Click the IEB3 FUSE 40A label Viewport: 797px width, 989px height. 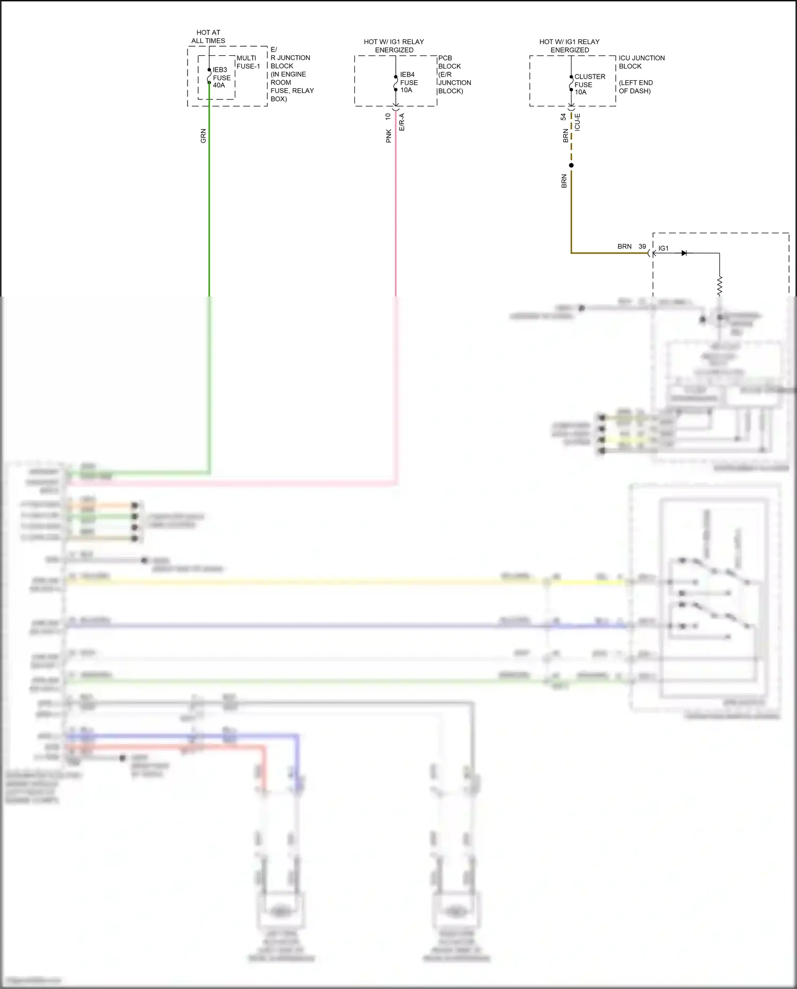221,78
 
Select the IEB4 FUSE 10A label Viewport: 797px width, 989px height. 409,82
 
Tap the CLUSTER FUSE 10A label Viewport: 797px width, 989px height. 588,84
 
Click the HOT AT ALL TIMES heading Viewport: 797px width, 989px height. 208,37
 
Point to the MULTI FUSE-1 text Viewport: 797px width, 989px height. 248,62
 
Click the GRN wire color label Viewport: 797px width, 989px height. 203,136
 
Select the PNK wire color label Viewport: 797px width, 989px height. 388,136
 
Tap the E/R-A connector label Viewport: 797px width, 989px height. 402,122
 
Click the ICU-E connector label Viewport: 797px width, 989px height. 578,122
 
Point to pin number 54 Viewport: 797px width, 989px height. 563,117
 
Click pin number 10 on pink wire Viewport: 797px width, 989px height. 388,116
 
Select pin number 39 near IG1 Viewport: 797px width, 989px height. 642,247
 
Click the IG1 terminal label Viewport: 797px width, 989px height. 664,248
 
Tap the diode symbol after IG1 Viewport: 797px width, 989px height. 684,253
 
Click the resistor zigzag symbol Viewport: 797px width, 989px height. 719,286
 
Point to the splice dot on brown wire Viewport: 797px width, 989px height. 571,165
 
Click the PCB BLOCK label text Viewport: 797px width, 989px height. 450,62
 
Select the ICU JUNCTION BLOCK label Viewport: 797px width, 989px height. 641,62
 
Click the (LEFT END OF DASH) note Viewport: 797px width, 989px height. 635,87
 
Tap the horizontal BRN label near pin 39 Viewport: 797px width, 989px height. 624,247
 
